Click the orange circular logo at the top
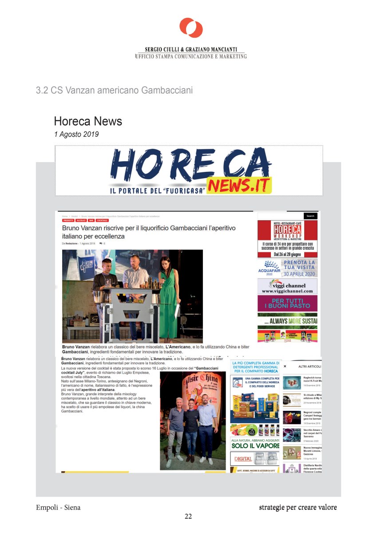pyautogui.click(x=191, y=28)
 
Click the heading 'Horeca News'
pyautogui.click(x=88, y=121)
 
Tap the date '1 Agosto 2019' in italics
pyautogui.click(x=76, y=134)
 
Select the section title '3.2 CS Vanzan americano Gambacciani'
pyautogui.click(x=114, y=91)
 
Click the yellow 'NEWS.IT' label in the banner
pyautogui.click(x=239, y=185)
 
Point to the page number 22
pyautogui.click(x=188, y=516)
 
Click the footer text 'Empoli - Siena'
pyautogui.click(x=58, y=507)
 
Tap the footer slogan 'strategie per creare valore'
pyautogui.click(x=298, y=507)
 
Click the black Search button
pyautogui.click(x=310, y=216)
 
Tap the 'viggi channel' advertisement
pyautogui.click(x=287, y=286)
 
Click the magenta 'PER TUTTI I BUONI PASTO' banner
pyautogui.click(x=287, y=303)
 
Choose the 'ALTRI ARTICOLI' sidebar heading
pyautogui.click(x=310, y=366)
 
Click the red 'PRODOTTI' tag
pyautogui.click(x=68, y=220)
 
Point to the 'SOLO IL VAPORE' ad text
pyautogui.click(x=255, y=445)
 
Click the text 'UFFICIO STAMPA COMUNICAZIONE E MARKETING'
pyautogui.click(x=190, y=56)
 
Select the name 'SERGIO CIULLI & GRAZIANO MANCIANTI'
pyautogui.click(x=191, y=49)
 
